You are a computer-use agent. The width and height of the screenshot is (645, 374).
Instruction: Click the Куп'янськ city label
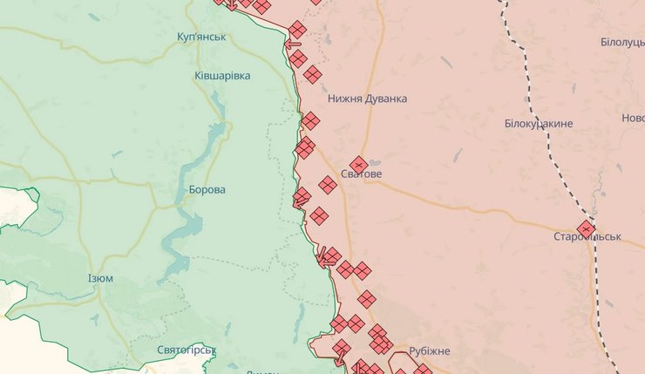coord(200,37)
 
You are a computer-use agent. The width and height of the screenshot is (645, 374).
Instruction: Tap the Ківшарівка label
coord(222,76)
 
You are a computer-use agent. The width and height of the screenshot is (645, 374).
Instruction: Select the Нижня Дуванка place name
coord(367,99)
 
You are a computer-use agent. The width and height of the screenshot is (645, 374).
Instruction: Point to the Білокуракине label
coord(538,124)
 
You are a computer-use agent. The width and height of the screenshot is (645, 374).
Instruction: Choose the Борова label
coord(207,189)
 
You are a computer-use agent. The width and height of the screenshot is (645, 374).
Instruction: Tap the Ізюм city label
coord(100,278)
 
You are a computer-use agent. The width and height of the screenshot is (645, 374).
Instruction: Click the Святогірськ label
coord(186,350)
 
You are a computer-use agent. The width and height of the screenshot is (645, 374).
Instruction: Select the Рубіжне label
coord(429,350)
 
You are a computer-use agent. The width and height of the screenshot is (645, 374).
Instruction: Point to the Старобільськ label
coord(587,236)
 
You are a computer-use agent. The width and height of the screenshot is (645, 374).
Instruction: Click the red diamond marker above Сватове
coord(358,164)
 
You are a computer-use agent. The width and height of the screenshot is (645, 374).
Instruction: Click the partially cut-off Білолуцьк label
coord(622,43)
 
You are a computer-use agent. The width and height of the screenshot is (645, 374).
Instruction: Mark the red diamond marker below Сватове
coord(327,185)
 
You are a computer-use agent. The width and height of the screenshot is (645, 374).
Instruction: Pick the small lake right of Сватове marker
coord(374,163)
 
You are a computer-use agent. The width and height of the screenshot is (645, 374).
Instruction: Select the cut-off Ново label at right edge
coord(633,118)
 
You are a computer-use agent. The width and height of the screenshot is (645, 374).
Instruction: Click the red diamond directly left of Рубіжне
coord(384,347)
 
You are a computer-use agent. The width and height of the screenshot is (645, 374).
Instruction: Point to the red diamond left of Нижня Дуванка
coord(312,75)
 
